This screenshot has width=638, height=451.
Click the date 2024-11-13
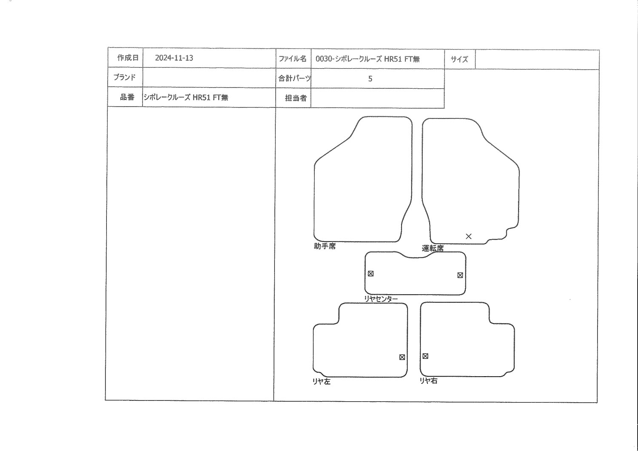(174, 58)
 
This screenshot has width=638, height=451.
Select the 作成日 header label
(128, 58)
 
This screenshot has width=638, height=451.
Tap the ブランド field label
(125, 77)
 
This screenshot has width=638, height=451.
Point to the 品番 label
(127, 97)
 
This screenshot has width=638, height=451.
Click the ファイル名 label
(293, 59)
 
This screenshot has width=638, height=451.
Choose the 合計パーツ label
(294, 79)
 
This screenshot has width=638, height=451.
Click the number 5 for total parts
(370, 79)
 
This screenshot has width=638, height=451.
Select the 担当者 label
(296, 98)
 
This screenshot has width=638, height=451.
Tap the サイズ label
(459, 59)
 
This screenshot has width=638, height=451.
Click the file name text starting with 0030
(368, 59)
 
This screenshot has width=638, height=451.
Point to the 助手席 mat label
(325, 246)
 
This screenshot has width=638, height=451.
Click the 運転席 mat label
(433, 248)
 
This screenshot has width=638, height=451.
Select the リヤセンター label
(381, 299)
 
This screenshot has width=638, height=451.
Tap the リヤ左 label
(322, 382)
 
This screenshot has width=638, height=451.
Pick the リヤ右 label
(428, 381)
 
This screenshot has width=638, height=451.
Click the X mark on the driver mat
(469, 236)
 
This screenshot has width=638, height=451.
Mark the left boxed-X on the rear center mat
(370, 273)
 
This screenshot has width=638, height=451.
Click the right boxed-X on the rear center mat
(460, 275)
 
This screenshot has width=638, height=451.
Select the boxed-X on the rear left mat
(402, 357)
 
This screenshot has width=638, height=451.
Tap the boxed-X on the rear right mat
(425, 356)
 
